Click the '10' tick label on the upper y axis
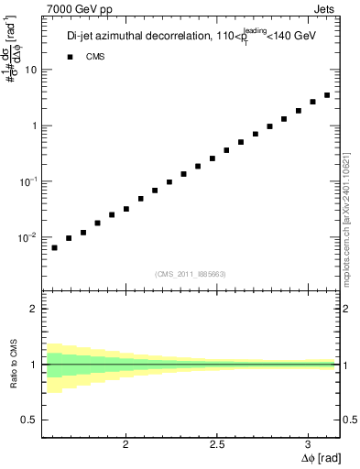pyautogui.click(x=32, y=70)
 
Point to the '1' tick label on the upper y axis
pyautogui.click(x=35, y=125)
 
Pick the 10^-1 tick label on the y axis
pyautogui.click(x=29, y=181)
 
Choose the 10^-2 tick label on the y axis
pyautogui.click(x=29, y=237)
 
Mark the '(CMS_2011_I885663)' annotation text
pyautogui.click(x=191, y=273)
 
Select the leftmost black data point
pyautogui.click(x=54, y=247)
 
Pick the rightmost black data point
pyautogui.click(x=327, y=94)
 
